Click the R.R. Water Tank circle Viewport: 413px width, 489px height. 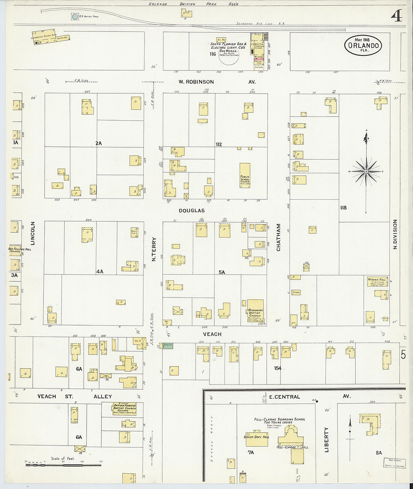tap(75, 16)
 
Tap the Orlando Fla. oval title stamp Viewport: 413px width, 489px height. tap(363, 46)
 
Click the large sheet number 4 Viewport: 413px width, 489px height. tap(396, 15)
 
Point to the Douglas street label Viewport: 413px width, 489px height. tap(191, 211)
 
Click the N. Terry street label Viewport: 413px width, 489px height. tap(154, 249)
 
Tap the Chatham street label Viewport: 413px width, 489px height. tap(279, 237)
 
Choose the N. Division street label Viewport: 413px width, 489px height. tap(395, 234)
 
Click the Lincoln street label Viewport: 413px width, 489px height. tap(33, 233)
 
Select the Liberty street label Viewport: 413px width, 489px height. tap(326, 440)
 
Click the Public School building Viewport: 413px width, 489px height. tap(245, 175)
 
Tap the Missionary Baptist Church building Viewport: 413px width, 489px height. tap(255, 311)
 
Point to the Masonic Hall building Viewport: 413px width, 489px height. tap(377, 281)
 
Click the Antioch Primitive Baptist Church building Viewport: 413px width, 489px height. tap(124, 409)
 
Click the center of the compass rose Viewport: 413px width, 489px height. tap(366, 172)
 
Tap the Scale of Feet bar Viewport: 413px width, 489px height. tap(63, 465)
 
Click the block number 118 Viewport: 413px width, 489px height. tap(343, 208)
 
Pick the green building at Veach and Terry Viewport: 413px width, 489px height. tap(168, 346)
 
